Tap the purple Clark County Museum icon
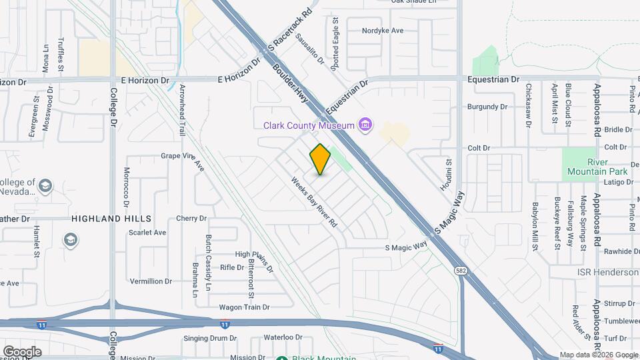click(x=365, y=125)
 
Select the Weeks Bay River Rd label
click(x=314, y=202)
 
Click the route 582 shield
click(x=461, y=270)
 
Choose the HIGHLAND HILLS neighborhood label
click(x=111, y=219)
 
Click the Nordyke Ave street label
click(x=383, y=31)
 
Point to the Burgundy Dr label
click(x=487, y=107)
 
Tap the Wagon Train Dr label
click(x=244, y=307)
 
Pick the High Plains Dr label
click(x=254, y=261)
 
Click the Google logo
click(x=21, y=351)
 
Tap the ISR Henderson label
click(x=607, y=273)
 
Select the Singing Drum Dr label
click(x=211, y=339)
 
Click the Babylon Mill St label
click(x=535, y=227)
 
